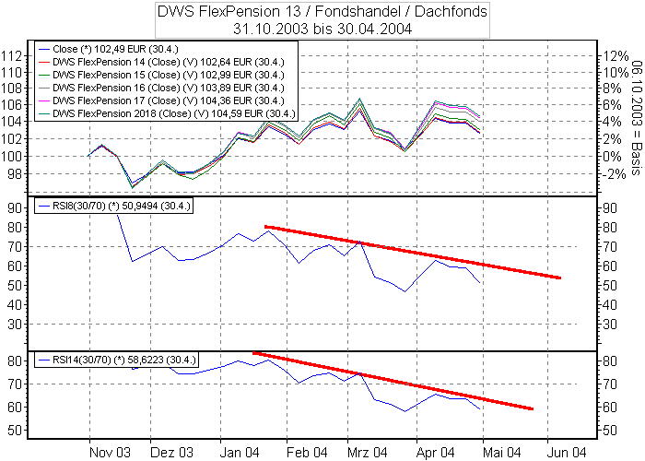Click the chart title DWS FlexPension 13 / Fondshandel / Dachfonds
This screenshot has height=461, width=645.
(x=322, y=12)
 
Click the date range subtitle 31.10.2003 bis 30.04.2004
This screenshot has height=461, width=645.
(x=322, y=29)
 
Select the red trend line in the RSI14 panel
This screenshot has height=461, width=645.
(x=396, y=380)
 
